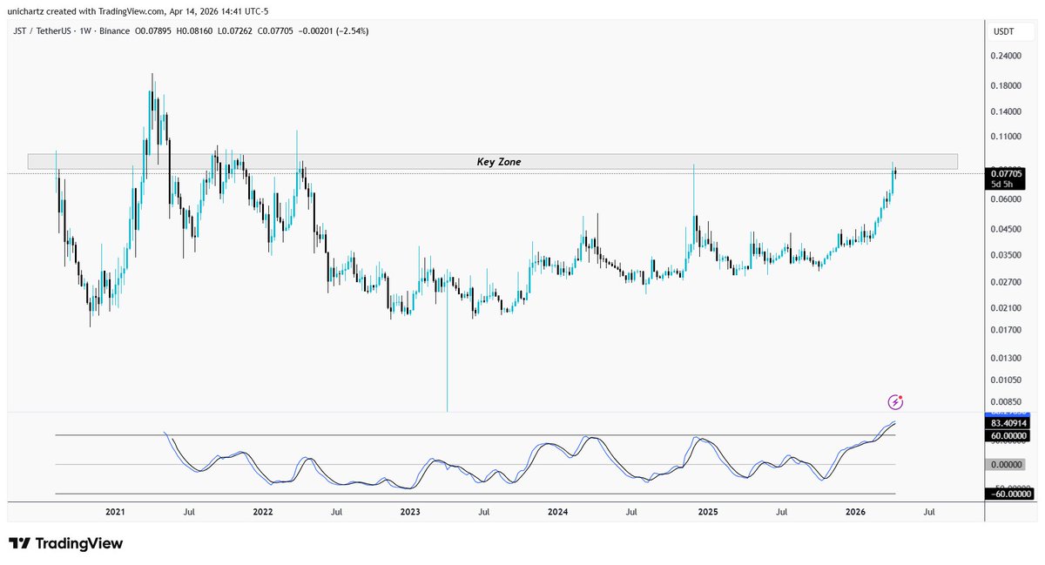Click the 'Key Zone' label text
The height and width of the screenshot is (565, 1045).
tap(498, 162)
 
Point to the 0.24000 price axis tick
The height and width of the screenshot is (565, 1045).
tap(1008, 56)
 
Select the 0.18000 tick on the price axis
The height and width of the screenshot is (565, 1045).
tap(1008, 85)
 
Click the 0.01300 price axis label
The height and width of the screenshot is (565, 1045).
tap(1008, 358)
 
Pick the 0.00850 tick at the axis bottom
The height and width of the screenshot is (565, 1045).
tap(1008, 402)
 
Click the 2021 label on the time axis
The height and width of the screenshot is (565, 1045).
tap(115, 513)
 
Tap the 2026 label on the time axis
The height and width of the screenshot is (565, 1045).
tap(857, 513)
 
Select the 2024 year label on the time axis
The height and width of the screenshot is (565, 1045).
tap(559, 513)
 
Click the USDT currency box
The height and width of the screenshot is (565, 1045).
tap(1003, 32)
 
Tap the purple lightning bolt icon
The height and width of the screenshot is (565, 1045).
tap(895, 401)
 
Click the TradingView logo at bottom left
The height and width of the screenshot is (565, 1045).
tap(66, 543)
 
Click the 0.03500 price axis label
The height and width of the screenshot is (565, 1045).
tap(1008, 255)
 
